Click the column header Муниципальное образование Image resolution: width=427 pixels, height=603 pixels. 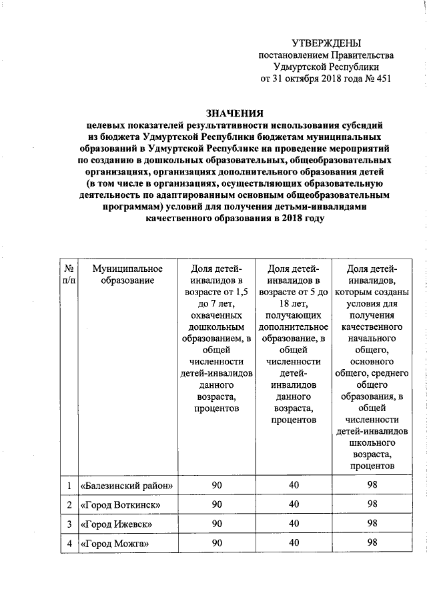pyautogui.click(x=127, y=275)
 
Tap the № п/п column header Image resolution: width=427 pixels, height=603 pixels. pyautogui.click(x=69, y=275)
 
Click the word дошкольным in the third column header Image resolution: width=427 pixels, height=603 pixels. pyautogui.click(x=216, y=328)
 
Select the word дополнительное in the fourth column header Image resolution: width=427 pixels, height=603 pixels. pyautogui.click(x=294, y=328)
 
